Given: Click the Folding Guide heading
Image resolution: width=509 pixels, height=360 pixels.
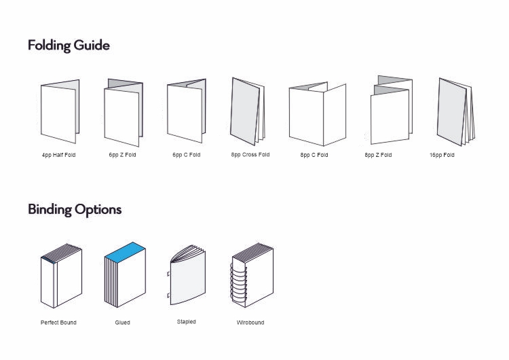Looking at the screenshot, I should pos(69,46).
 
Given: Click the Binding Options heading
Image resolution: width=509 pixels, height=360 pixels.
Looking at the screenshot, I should pos(75,209).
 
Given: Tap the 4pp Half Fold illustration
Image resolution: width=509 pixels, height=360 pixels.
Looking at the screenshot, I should pos(59,111).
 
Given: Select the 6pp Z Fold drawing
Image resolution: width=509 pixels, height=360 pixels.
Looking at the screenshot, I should pos(123,113).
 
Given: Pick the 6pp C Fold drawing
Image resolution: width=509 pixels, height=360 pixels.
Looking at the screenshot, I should pos(186,111).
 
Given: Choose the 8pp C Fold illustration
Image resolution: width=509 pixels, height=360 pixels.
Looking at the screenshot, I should pos(316,114).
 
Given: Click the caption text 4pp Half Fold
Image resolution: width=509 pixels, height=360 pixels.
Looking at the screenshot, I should pos(59,156).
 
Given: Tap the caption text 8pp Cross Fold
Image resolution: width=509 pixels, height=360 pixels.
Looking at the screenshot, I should pos(250,155).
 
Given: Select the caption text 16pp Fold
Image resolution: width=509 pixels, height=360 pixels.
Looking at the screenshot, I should pos(442,156).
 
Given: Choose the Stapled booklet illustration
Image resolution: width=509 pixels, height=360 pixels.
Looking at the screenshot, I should pos(186,278).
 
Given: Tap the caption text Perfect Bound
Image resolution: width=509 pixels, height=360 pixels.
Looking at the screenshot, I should pos(58,323).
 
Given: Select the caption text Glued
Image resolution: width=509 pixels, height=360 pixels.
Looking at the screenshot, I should pos(122,323).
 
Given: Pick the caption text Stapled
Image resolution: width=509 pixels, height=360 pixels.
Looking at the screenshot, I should pos(187,322).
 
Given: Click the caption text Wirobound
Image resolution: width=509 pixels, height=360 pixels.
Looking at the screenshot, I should pos(250,323).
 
